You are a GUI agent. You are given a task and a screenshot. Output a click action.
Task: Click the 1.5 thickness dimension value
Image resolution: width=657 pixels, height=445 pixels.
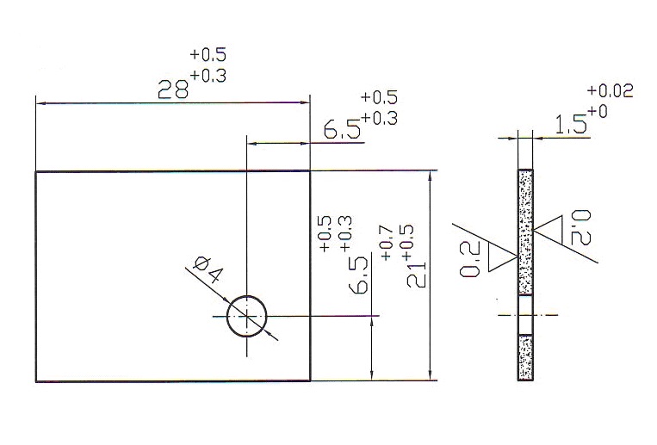tap(571, 125)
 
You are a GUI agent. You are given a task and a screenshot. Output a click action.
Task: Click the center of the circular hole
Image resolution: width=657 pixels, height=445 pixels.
tap(247, 316)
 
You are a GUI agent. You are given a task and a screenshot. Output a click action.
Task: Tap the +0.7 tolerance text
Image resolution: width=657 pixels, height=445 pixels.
tap(386, 244)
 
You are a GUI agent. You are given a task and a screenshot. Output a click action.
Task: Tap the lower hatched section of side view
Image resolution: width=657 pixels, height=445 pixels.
tap(525, 358)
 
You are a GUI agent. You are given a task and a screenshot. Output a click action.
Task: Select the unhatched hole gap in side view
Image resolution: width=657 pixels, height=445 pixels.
tap(525, 315)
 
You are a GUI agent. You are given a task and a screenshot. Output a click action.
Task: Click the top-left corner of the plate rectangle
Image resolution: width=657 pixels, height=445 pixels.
tap(35, 171)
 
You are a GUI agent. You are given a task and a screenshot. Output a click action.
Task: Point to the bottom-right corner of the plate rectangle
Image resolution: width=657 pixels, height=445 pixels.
tap(310, 380)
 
